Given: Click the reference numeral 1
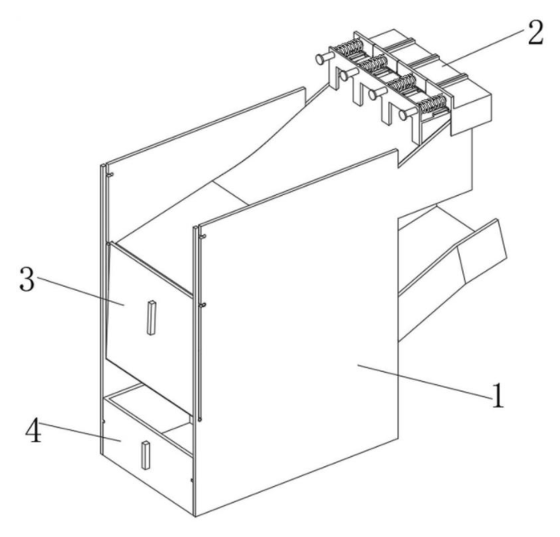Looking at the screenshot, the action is point(497,395).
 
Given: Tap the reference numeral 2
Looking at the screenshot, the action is point(535,33).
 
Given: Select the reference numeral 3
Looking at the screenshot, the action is point(28,279).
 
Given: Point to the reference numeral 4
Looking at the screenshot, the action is point(33,430).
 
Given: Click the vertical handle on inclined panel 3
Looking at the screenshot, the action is point(151,318).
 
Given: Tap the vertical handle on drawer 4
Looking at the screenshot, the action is point(146,455).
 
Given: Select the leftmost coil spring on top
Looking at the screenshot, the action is point(350,47).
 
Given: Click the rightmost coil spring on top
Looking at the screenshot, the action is point(433,103).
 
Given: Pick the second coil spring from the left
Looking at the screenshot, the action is point(374,63).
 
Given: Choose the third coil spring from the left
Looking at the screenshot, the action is point(403,83).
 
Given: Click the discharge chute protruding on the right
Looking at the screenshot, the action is point(453,271).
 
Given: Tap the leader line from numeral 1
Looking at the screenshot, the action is point(424,381).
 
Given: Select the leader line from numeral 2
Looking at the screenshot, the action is point(483,48).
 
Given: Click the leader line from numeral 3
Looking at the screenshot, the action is point(80,291).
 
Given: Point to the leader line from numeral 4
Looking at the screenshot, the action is point(80,432).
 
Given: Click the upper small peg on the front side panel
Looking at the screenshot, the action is point(203,237).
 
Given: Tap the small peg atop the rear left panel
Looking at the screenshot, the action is point(110,175).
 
